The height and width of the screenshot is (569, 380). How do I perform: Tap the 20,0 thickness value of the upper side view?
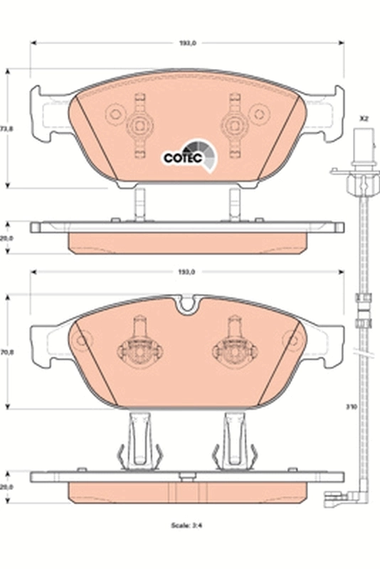(6, 239)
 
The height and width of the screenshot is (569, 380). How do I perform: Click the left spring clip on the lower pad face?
(140, 349)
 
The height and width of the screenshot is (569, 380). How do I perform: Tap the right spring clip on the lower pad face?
(234, 349)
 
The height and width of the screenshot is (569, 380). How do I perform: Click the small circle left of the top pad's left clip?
(114, 114)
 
